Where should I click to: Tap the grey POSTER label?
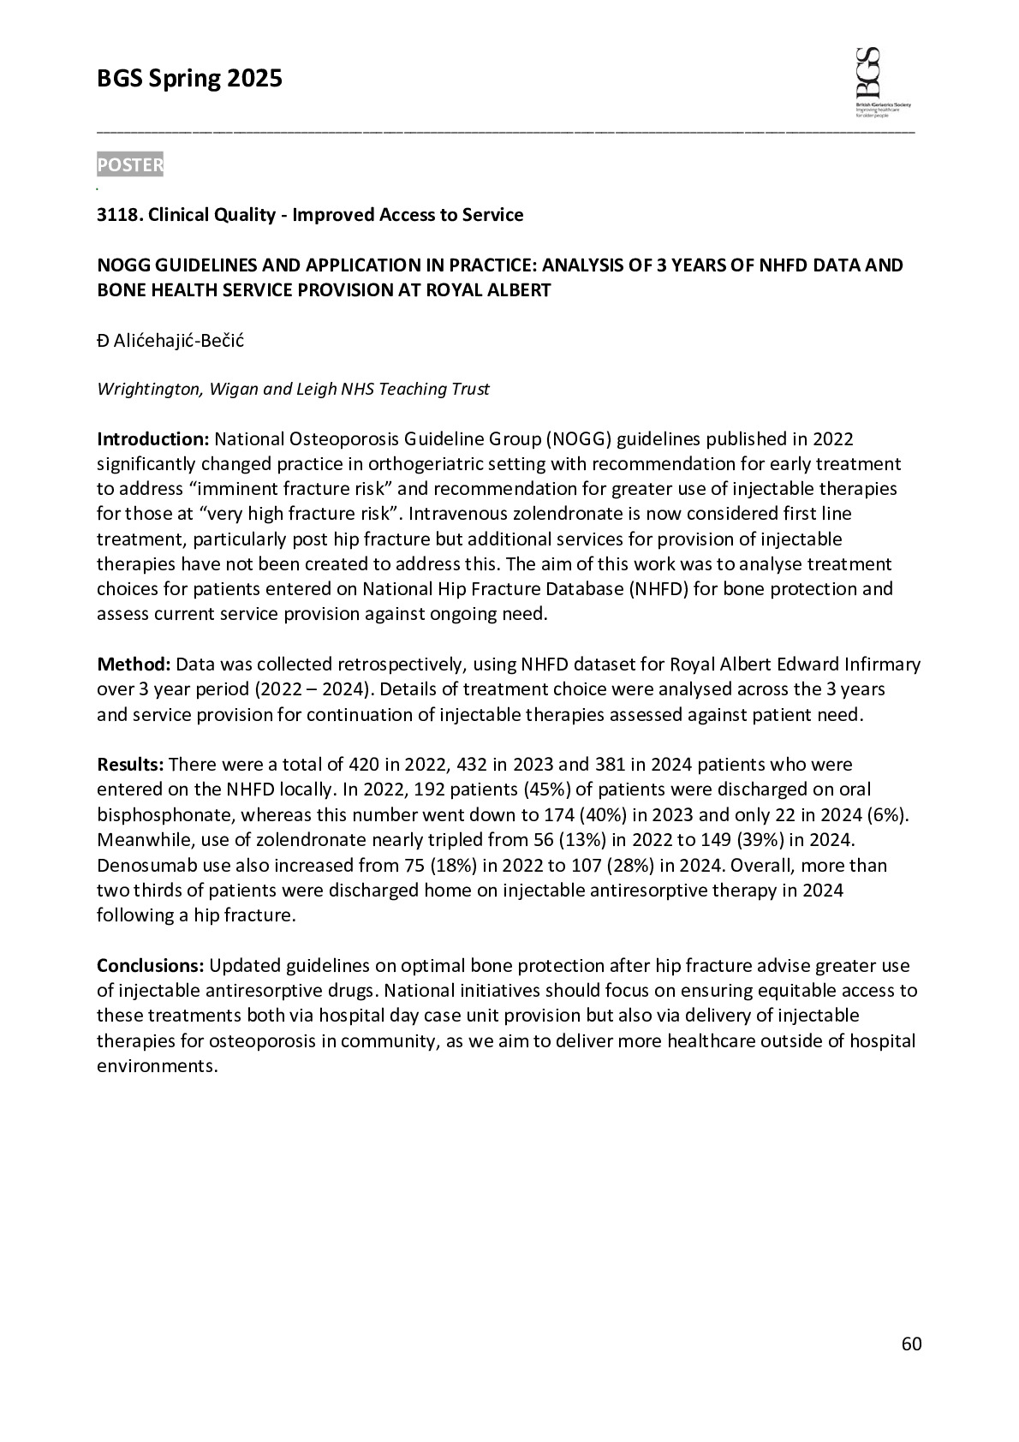coord(130,165)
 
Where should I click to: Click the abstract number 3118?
coord(118,215)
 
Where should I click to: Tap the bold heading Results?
coord(131,764)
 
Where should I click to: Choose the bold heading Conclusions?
coord(150,966)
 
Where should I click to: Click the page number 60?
coord(912,1344)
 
